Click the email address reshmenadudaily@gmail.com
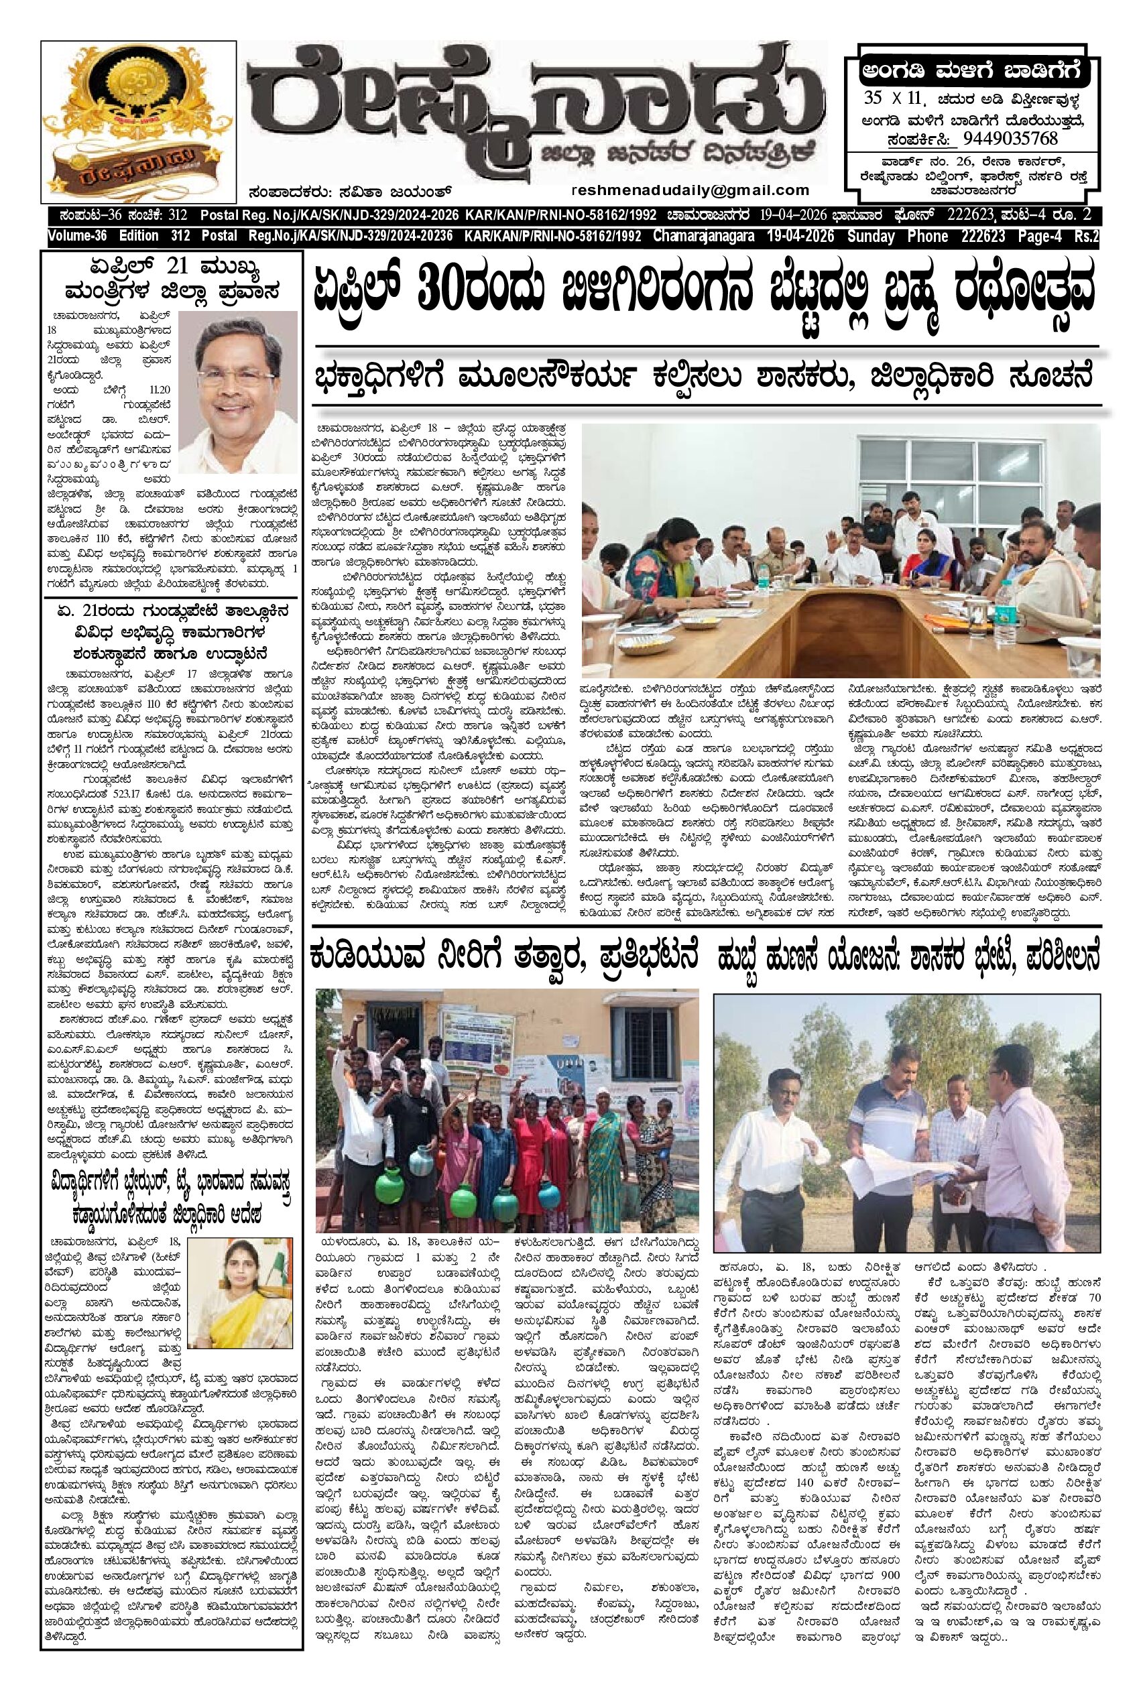coord(690,190)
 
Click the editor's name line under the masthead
coord(347,192)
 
